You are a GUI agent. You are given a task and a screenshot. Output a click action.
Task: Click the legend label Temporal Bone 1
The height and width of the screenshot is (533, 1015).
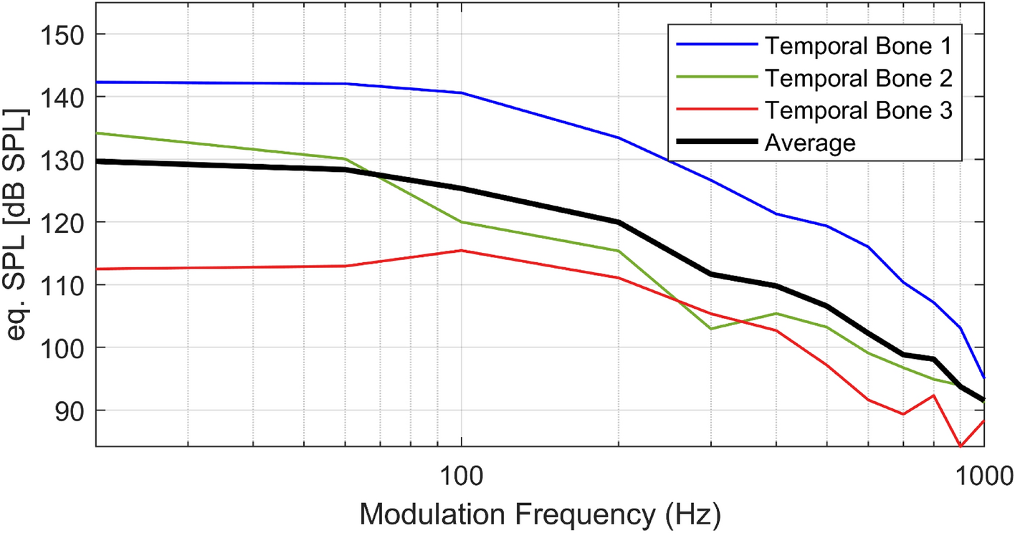point(858,47)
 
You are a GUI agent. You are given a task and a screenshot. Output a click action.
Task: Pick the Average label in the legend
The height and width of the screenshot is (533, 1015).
point(810,143)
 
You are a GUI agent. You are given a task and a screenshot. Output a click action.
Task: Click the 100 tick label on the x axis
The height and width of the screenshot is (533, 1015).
point(461,473)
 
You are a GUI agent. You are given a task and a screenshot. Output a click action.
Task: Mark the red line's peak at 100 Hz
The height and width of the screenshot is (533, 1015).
point(461,250)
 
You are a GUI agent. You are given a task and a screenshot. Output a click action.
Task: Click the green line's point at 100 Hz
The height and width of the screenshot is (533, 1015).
point(461,222)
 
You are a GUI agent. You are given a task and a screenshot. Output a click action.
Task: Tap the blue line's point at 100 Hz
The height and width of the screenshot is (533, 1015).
point(461,93)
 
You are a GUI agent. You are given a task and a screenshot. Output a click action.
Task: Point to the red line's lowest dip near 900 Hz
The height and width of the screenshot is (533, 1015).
point(961,446)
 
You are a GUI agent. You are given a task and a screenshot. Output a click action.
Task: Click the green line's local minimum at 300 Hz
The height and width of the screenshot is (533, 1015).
point(710,329)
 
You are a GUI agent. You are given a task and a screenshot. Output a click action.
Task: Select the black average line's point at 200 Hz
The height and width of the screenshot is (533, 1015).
point(618,222)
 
